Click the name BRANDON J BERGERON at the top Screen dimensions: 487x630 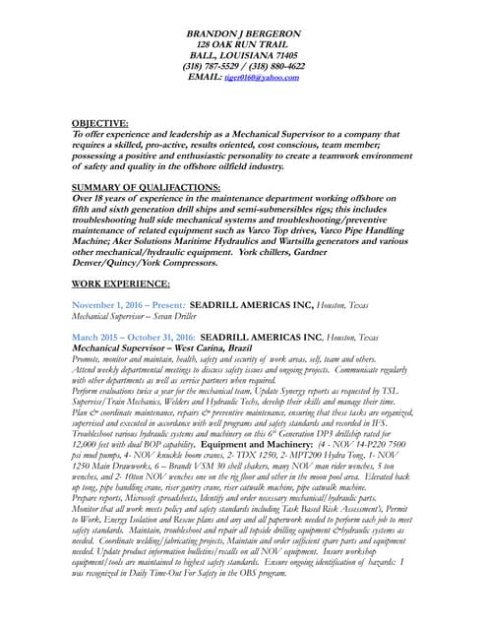(x=244, y=34)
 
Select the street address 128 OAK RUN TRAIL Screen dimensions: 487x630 (x=244, y=45)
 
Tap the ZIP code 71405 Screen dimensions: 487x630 (x=285, y=56)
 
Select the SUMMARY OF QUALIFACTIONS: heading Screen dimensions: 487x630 (x=147, y=187)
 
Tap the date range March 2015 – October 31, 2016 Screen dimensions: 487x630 (x=134, y=337)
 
